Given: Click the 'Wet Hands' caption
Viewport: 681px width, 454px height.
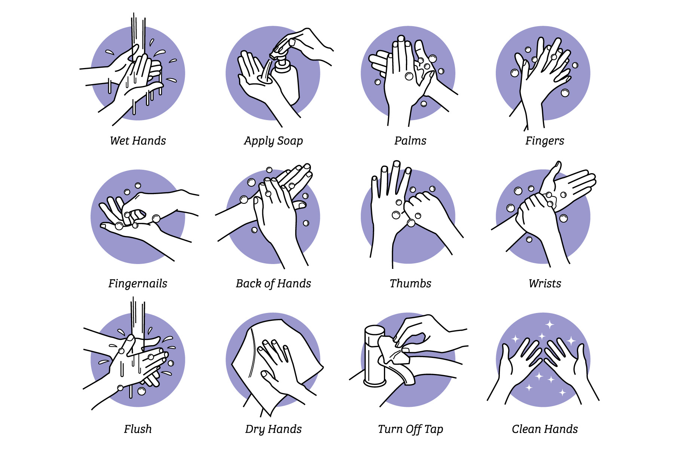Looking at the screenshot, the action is coord(138,141).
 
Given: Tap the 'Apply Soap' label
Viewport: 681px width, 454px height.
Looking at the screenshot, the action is coord(274,141).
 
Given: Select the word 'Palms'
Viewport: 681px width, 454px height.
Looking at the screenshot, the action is coord(410,141).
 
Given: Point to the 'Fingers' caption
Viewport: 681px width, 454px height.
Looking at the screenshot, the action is coord(545,141).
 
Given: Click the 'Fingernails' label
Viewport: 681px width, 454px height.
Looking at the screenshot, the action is coord(138,284).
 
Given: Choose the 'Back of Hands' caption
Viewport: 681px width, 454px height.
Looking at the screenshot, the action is coord(274,283).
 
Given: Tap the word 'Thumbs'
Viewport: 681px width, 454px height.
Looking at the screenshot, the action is coord(410,283).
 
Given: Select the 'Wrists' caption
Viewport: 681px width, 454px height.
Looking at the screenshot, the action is coord(545,283).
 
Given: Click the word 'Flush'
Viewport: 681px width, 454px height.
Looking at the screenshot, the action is coord(138,429).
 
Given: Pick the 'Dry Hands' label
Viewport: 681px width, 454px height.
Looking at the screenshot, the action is coord(274,429).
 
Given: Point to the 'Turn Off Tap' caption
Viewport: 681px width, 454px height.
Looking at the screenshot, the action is coord(410,429).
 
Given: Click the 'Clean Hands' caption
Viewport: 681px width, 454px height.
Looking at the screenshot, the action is coord(545,429).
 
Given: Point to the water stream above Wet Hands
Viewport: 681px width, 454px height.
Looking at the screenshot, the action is coord(138,36).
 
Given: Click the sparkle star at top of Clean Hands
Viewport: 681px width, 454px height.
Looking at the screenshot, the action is coord(550,324).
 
